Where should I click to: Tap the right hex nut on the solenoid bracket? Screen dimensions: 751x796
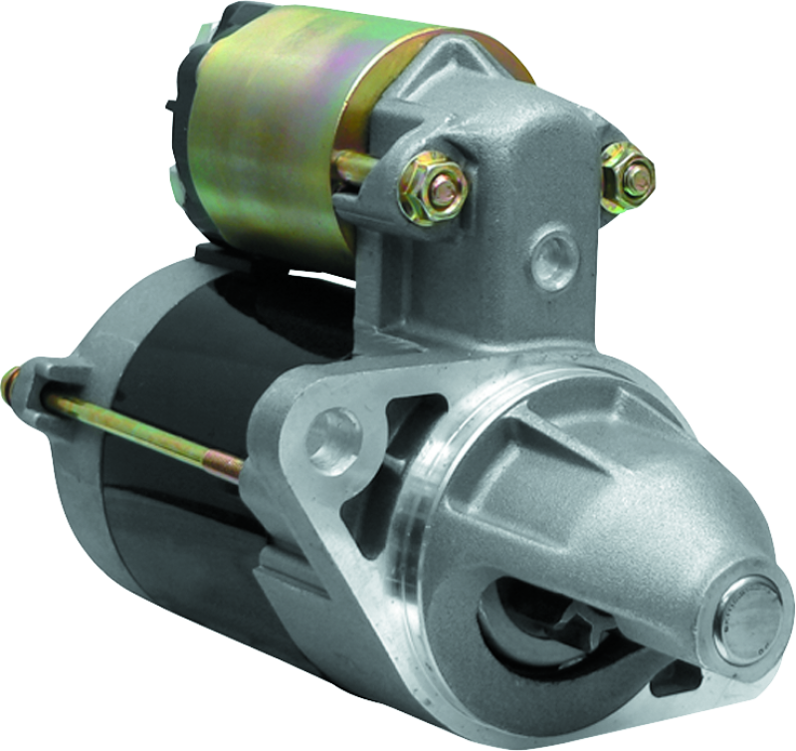(x=627, y=177)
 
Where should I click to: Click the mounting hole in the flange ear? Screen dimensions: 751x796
(x=331, y=436)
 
